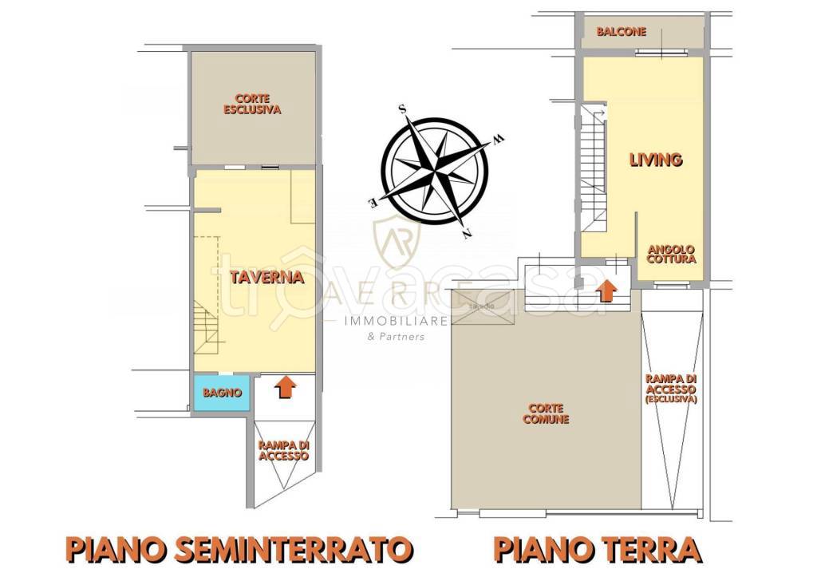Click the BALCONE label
point(621,32)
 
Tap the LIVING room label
point(655,160)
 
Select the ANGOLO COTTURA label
point(671,254)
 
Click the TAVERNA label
point(266,278)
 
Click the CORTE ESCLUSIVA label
point(252,105)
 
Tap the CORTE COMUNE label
point(546,413)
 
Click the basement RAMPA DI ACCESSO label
point(283,451)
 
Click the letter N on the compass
point(465,232)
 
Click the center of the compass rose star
point(434,170)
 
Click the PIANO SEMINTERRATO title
point(239,549)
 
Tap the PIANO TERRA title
point(597,549)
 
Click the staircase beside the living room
point(594,168)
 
